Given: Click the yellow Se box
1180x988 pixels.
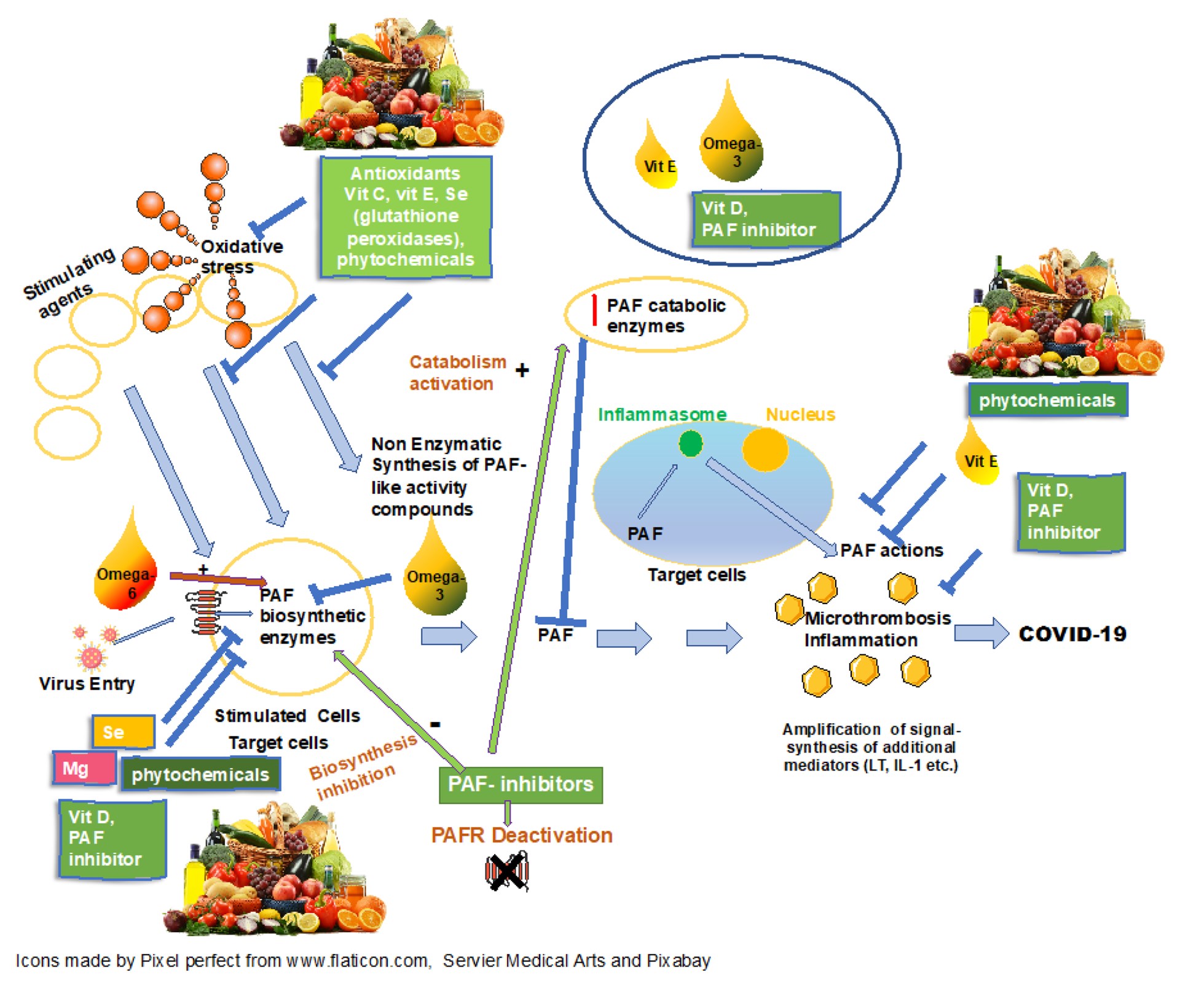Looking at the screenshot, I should click(123, 732).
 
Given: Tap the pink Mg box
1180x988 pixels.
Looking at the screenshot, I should click(84, 768).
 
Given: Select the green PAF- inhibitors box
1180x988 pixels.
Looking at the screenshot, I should click(521, 785).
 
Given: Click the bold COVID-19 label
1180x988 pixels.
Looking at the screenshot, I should click(1072, 633).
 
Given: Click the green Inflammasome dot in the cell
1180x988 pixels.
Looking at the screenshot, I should click(691, 443).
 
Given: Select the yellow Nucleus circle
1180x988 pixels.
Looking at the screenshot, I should click(765, 449).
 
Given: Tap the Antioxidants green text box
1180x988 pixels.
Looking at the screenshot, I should click(406, 216).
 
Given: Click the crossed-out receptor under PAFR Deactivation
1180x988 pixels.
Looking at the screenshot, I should click(507, 871).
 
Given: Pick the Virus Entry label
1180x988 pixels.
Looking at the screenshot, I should click(87, 683).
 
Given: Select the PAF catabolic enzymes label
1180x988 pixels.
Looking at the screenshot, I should click(666, 315).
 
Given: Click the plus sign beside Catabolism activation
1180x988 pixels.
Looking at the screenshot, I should click(522, 370).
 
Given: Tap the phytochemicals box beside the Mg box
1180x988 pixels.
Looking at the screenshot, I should click(200, 774).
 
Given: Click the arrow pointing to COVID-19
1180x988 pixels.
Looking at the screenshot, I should click(981, 633).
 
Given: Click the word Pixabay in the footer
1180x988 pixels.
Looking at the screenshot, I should click(678, 960).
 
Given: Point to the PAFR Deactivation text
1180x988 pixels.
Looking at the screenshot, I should click(522, 835).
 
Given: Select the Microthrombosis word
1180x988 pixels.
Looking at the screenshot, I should click(878, 618).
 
